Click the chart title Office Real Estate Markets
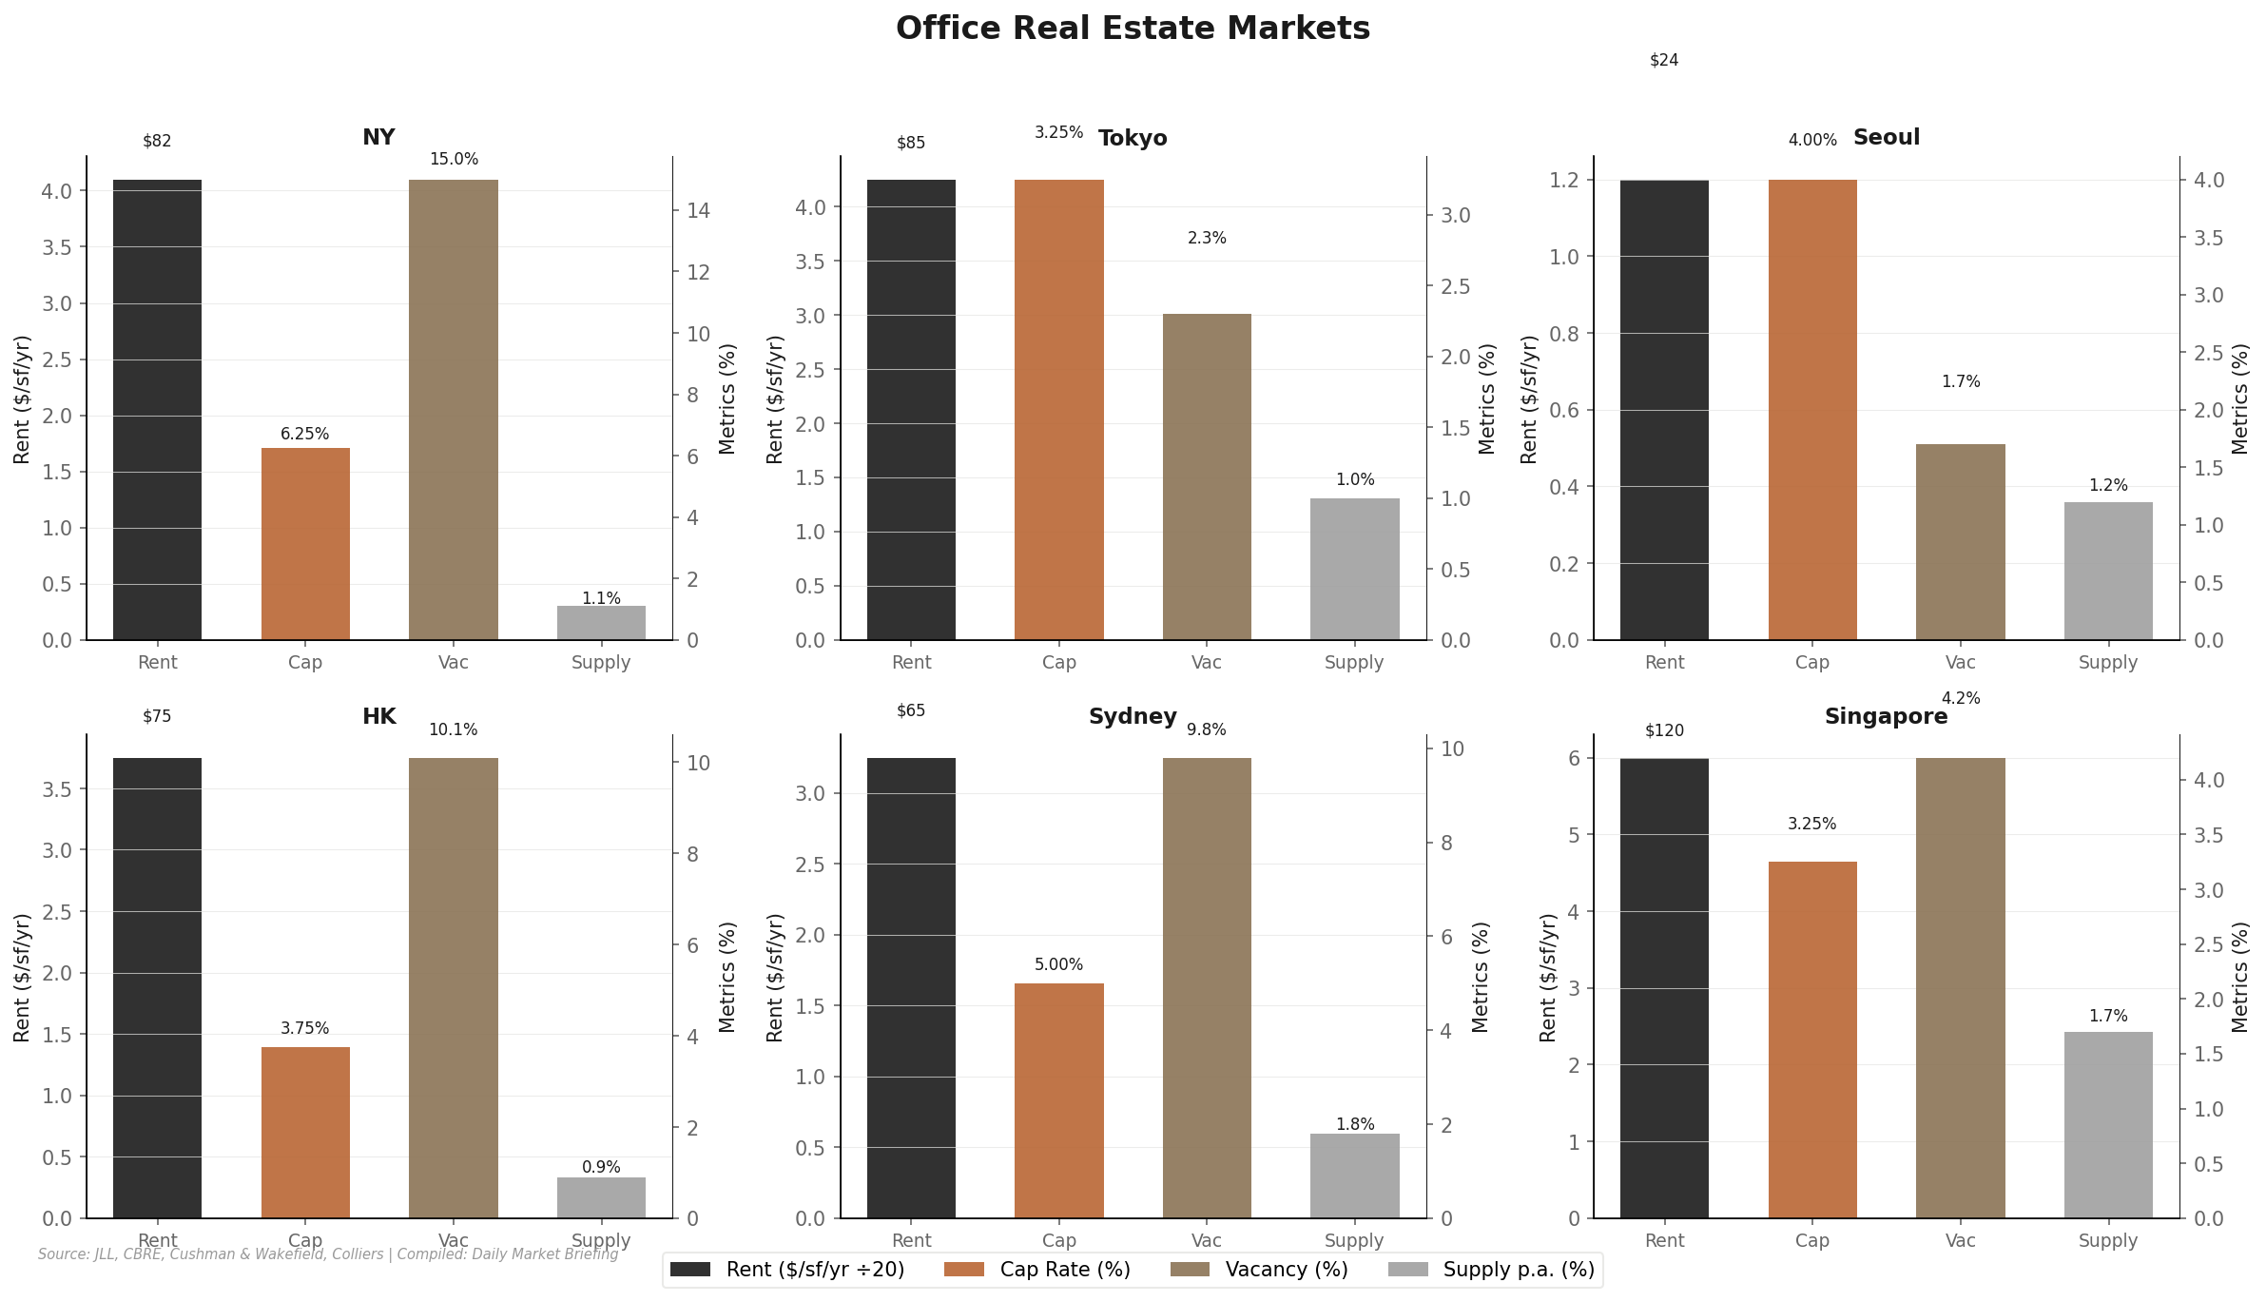[1133, 29]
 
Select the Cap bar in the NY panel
[305, 544]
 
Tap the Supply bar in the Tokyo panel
[1354, 569]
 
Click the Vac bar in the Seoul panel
[1960, 542]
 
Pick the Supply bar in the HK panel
[601, 1197]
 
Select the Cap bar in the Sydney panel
[1058, 1100]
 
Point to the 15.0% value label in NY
[454, 160]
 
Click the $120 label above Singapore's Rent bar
[1664, 731]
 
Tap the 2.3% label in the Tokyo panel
[1207, 239]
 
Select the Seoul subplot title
[1886, 138]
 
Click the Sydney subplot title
[1133, 717]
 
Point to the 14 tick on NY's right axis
[698, 211]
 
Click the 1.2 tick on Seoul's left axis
[1563, 181]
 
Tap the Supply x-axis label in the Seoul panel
[2107, 663]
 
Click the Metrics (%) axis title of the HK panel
[727, 977]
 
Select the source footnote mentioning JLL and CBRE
[328, 1254]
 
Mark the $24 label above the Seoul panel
[1664, 61]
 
